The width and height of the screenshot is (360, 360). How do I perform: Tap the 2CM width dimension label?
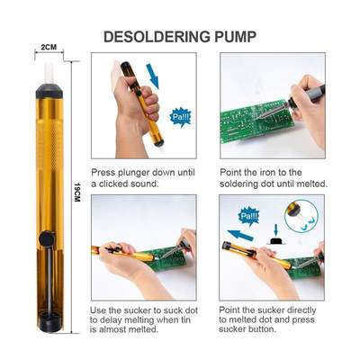coord(49,47)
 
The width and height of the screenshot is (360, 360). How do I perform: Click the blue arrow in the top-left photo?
coord(152,74)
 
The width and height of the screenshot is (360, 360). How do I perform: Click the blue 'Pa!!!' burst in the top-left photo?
coord(180,116)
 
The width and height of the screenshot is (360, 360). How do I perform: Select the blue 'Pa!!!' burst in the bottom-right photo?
coord(248,216)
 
